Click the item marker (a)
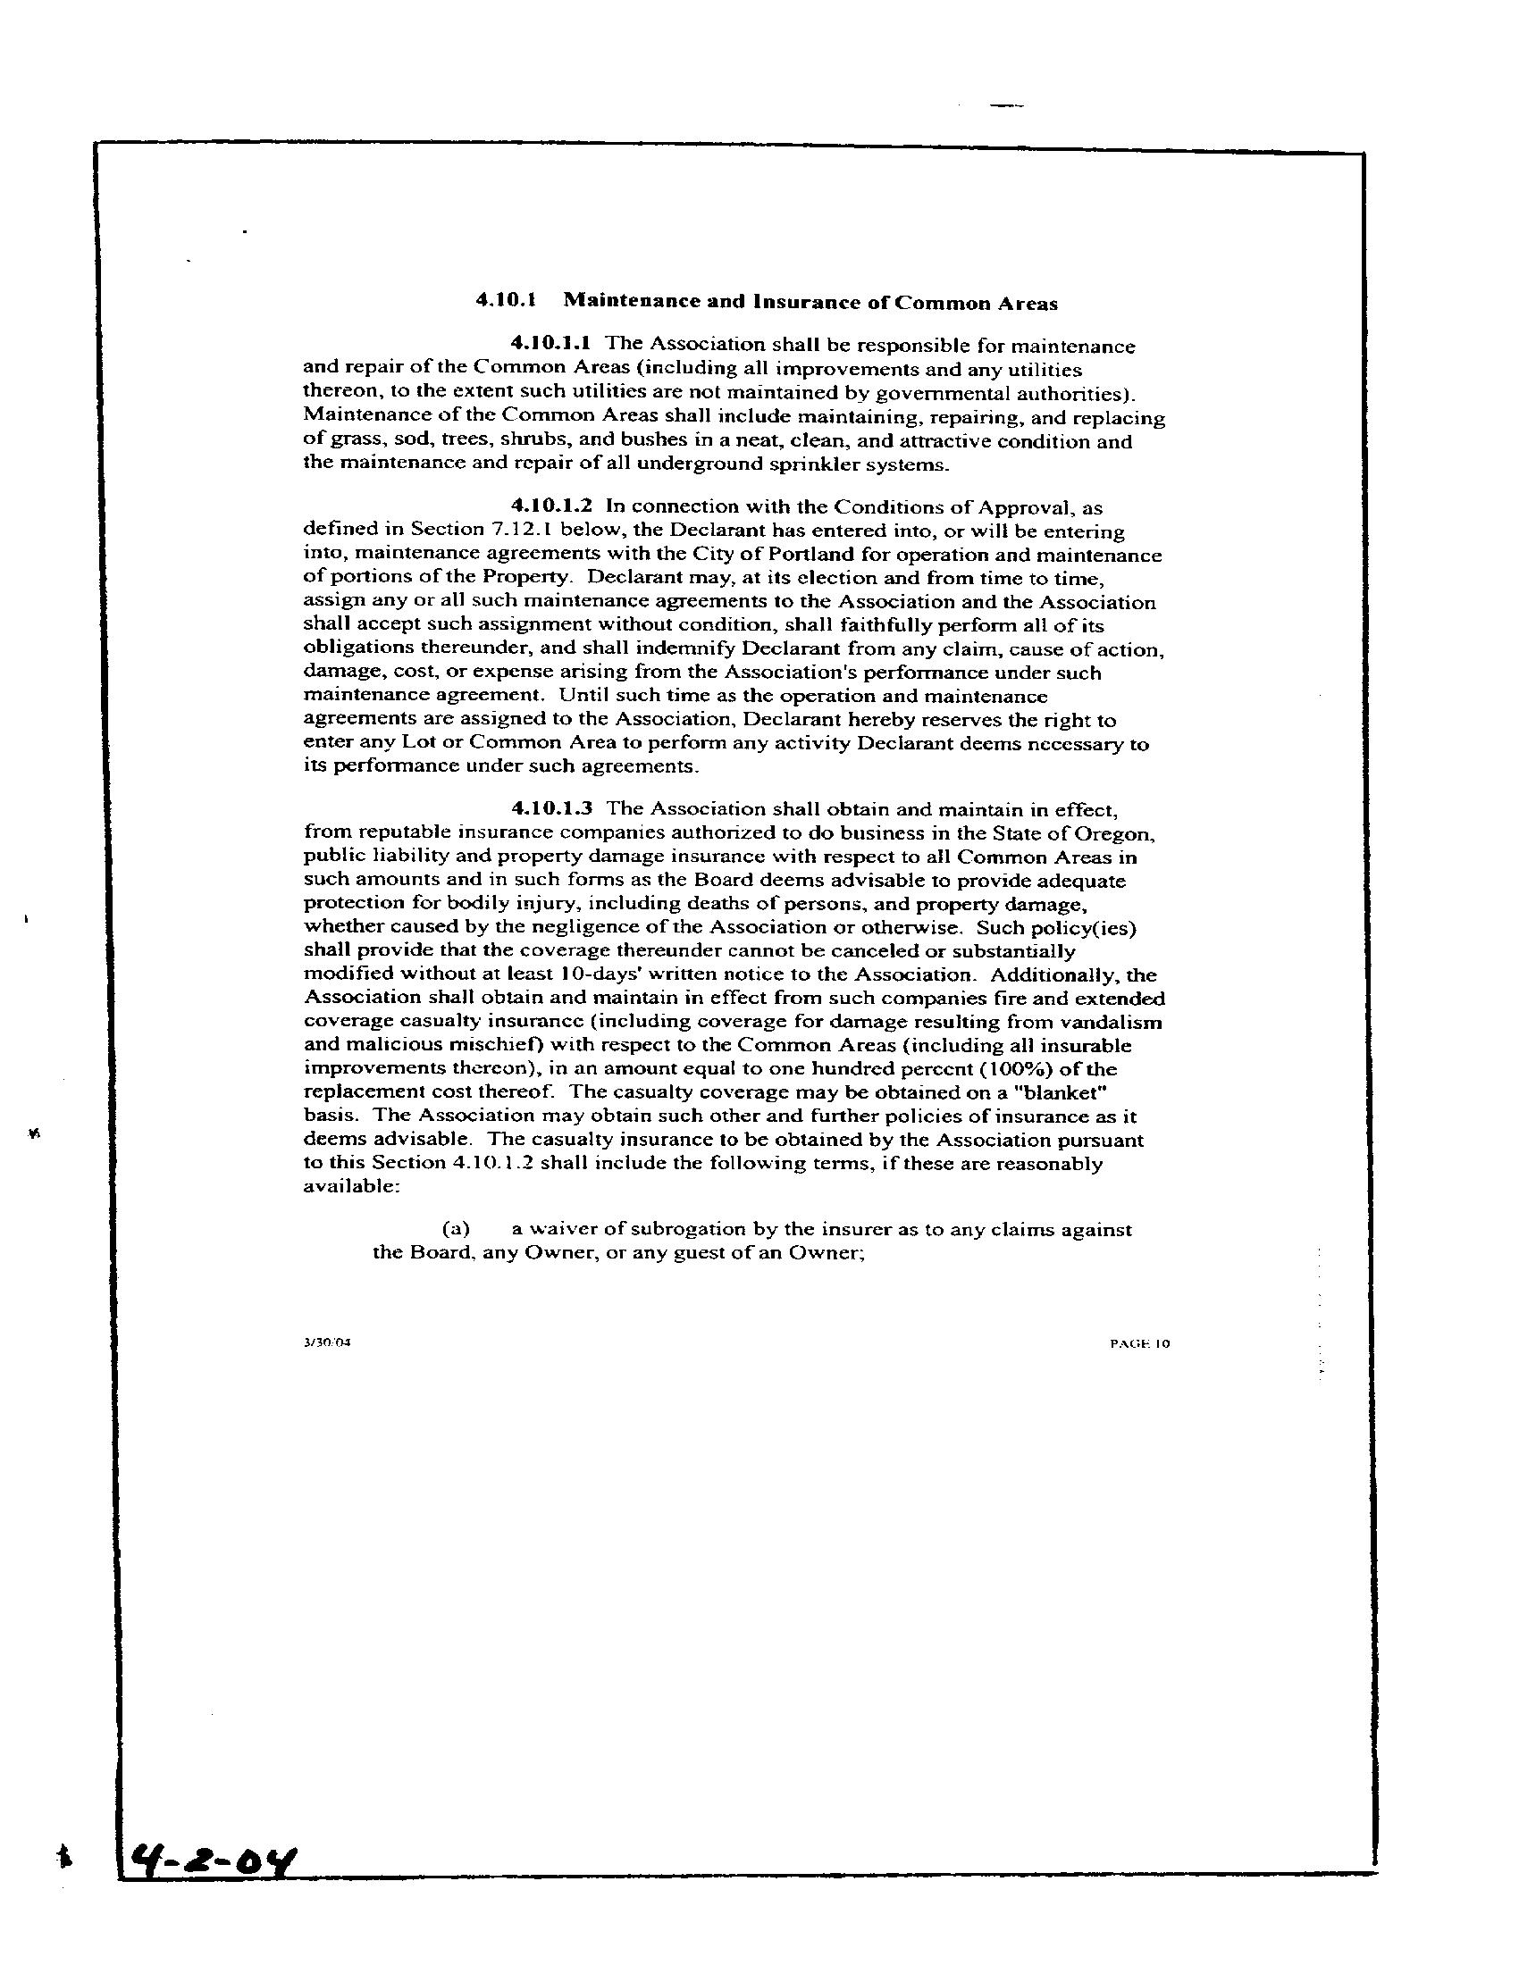click(x=456, y=1229)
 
